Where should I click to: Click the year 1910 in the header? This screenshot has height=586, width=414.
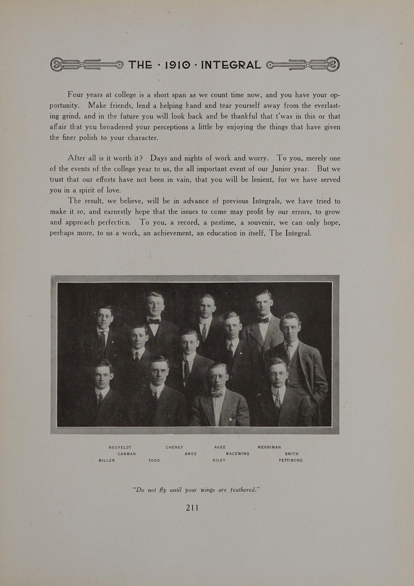pyautogui.click(x=178, y=64)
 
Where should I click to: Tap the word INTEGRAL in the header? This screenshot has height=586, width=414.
pyautogui.click(x=231, y=64)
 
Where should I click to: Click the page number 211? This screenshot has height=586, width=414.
pyautogui.click(x=192, y=508)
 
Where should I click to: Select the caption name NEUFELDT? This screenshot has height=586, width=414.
pyautogui.click(x=120, y=447)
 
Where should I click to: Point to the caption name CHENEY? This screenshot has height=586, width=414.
pyautogui.click(x=175, y=447)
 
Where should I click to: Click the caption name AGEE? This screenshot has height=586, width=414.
pyautogui.click(x=220, y=447)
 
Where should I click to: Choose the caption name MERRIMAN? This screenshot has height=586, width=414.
pyautogui.click(x=269, y=447)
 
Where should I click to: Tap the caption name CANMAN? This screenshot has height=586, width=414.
pyautogui.click(x=127, y=454)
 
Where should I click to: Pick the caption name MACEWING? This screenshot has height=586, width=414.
pyautogui.click(x=237, y=454)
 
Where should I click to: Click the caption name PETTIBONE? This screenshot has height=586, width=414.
pyautogui.click(x=291, y=461)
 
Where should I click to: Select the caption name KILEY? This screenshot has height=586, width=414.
pyautogui.click(x=219, y=461)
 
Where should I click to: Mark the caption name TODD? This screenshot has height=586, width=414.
pyautogui.click(x=154, y=461)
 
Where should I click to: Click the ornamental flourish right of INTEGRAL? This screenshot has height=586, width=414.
pyautogui.click(x=303, y=64)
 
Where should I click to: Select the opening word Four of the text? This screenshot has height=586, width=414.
pyautogui.click(x=75, y=95)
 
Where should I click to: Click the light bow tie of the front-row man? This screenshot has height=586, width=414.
pyautogui.click(x=217, y=394)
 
